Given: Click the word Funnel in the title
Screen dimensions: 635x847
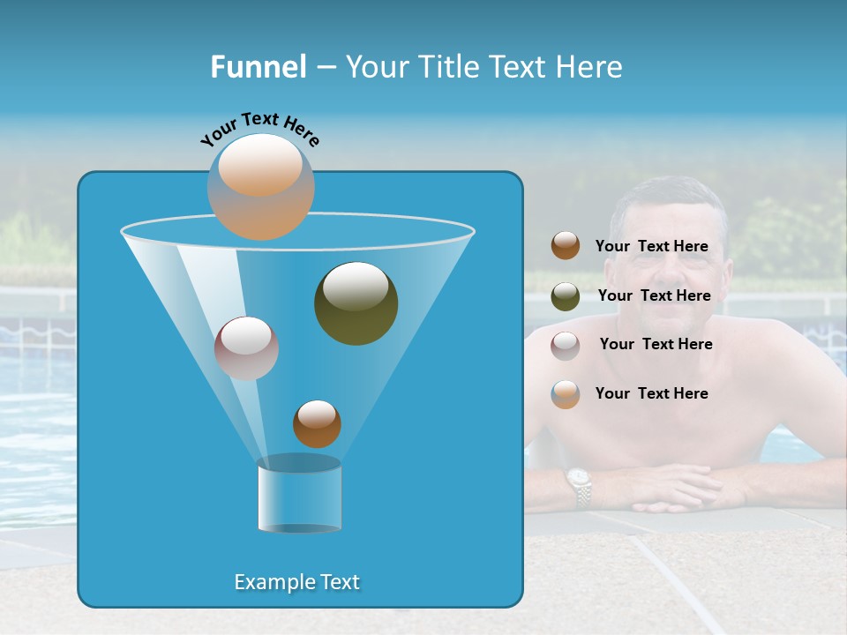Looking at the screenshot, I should point(259,67).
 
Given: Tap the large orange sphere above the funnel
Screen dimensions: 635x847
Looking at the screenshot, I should point(261,186).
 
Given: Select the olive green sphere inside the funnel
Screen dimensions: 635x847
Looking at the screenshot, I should point(356,303).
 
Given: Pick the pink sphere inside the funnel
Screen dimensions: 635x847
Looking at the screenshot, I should point(246,348).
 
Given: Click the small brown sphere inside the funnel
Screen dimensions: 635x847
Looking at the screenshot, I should point(317,424).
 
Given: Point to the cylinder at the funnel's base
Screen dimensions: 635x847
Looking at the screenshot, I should point(299,495).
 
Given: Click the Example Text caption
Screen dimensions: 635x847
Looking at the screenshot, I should point(297,582).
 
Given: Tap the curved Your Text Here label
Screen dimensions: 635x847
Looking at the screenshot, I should point(260,128).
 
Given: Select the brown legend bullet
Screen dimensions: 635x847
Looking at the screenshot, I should point(566,246).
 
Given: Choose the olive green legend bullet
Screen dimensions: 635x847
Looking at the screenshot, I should point(566,296).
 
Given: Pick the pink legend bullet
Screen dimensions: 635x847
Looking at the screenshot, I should point(566,345).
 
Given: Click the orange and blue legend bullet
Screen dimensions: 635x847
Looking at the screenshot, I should point(566,394).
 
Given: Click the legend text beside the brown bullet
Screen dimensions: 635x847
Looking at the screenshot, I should point(651,247).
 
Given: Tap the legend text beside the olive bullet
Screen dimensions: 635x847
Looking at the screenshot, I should point(654,296).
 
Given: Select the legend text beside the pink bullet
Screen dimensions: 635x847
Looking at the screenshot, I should point(656,345).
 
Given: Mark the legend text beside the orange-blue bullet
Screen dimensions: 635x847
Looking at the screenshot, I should point(651,394).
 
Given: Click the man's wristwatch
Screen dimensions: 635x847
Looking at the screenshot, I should point(579,488).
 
